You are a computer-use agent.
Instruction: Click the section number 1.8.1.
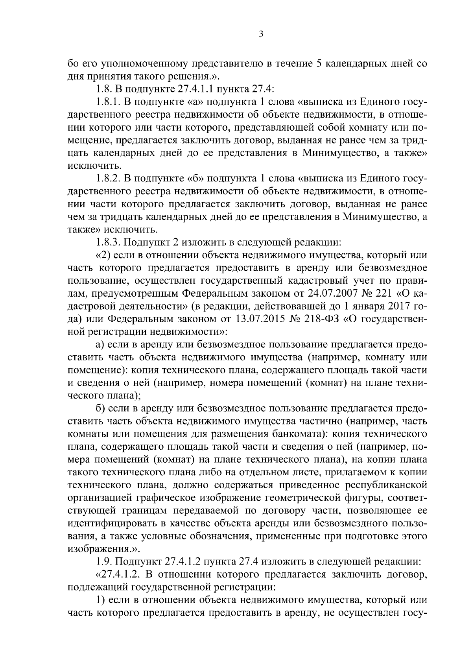108,103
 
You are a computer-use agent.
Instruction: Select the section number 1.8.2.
108,179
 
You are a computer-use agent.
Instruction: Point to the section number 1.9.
104,561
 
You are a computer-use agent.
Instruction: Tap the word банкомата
294,434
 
